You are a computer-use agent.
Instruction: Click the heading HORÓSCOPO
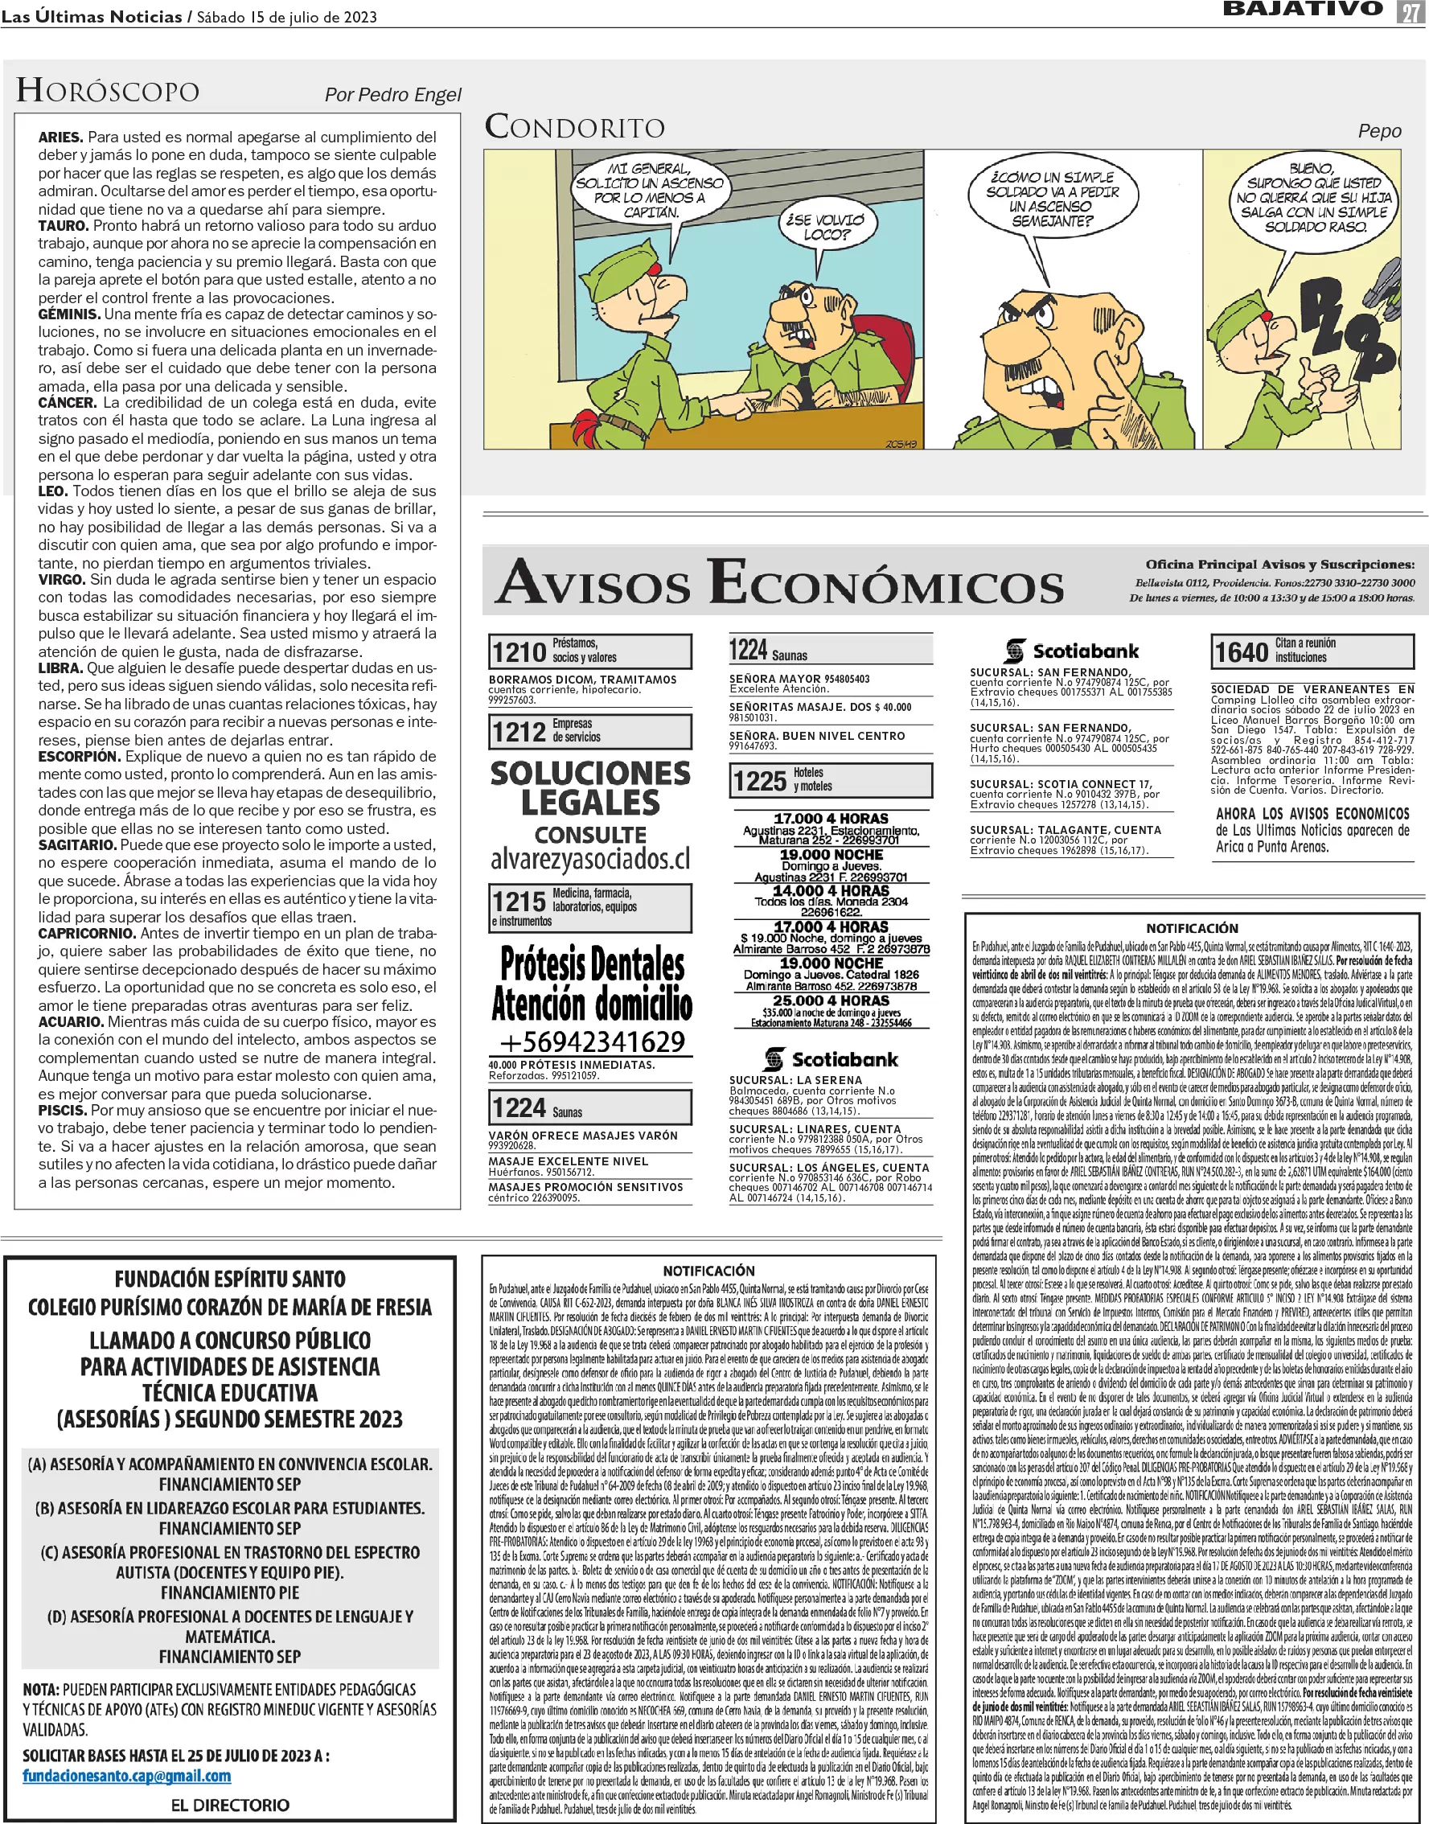point(108,90)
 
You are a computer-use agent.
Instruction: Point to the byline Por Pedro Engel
point(392,95)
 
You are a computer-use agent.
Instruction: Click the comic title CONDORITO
point(575,127)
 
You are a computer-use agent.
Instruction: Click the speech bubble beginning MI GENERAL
point(649,190)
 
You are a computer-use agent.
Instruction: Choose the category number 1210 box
point(519,651)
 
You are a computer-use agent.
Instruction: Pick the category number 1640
point(1242,651)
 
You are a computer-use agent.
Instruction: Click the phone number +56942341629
point(592,1041)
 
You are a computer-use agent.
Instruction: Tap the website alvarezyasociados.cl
point(591,859)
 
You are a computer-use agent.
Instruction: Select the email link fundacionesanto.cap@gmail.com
point(126,1777)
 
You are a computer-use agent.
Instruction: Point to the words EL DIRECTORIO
point(230,1806)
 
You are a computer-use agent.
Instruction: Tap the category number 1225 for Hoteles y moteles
point(760,781)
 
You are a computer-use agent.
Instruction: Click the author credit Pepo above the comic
point(1379,130)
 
